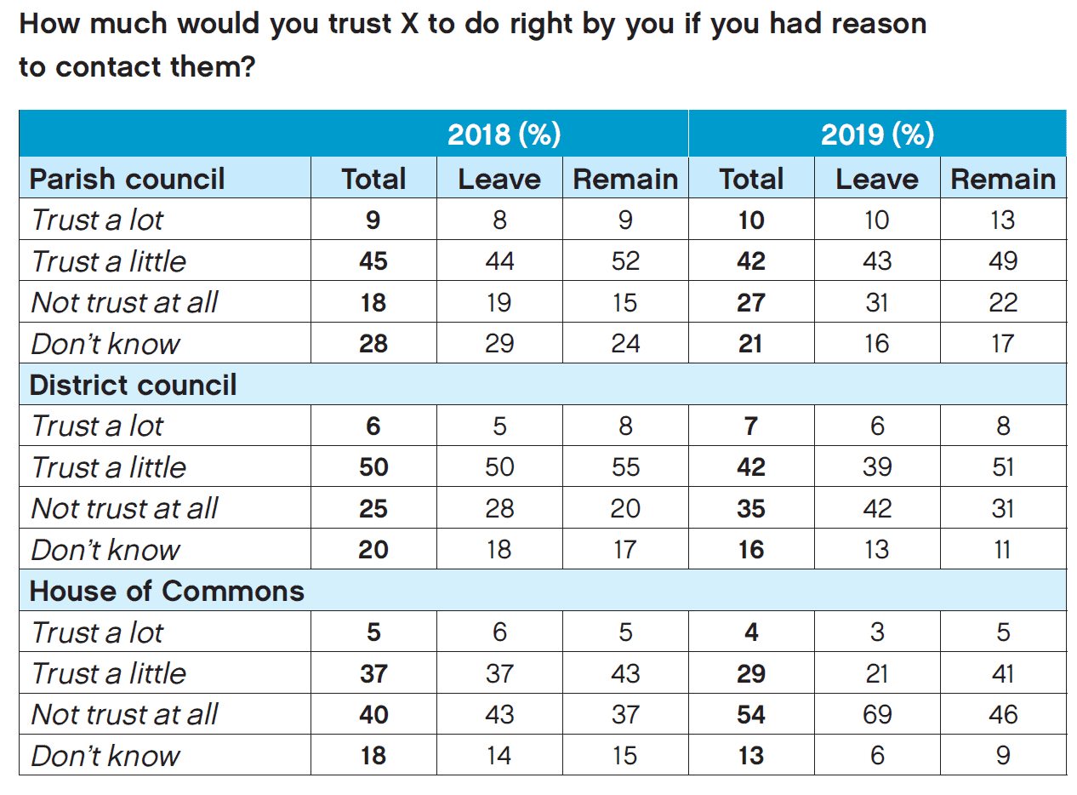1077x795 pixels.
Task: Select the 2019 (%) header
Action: [x=877, y=134]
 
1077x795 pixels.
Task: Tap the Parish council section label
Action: [x=127, y=179]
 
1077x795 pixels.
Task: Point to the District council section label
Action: [x=133, y=385]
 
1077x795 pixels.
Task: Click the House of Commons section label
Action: [x=167, y=591]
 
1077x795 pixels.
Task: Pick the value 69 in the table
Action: [x=877, y=714]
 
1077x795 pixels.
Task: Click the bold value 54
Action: [x=751, y=714]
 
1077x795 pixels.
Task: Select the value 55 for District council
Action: [x=625, y=467]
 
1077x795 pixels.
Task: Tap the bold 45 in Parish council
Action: [x=373, y=260]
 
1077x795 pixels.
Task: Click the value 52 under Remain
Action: [x=625, y=260]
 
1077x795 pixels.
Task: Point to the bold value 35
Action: [x=751, y=508]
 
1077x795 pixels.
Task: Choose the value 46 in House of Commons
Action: [x=1003, y=714]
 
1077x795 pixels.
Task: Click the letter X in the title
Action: [x=407, y=23]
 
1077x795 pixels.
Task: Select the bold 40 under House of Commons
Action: [x=373, y=714]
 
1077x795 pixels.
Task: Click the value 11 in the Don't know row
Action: [x=1003, y=550]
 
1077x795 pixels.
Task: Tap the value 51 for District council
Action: [x=1003, y=467]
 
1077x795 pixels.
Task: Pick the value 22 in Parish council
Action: [x=1003, y=302]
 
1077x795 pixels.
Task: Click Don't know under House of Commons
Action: [x=105, y=756]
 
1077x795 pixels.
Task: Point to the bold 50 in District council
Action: [x=373, y=467]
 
